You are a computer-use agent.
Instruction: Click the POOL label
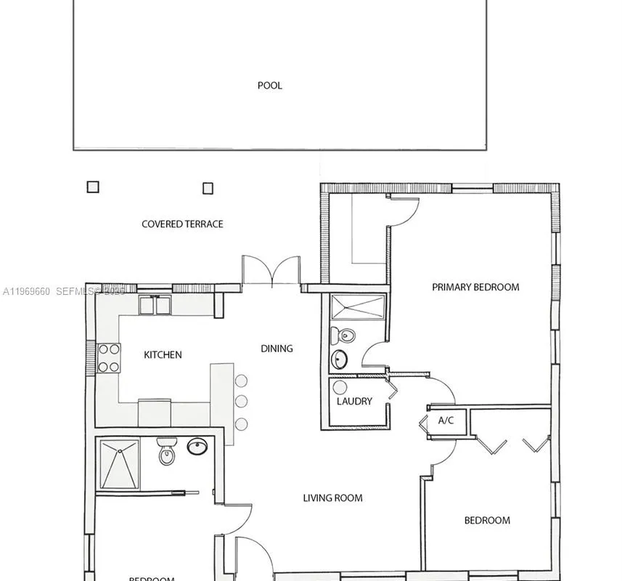(x=269, y=86)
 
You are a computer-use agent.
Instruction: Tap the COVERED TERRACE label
(x=182, y=224)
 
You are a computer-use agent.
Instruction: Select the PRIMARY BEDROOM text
(x=475, y=287)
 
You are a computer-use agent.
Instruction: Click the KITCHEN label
(x=163, y=355)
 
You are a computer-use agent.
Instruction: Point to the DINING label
(x=277, y=349)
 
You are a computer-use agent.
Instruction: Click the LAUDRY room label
(x=354, y=402)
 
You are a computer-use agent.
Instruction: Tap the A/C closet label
(x=446, y=420)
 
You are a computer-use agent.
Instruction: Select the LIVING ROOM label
(x=332, y=498)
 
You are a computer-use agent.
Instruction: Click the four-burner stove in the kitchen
(x=108, y=358)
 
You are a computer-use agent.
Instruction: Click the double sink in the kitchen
(x=155, y=306)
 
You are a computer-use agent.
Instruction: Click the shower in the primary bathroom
(x=358, y=307)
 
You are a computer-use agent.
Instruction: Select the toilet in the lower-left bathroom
(x=167, y=452)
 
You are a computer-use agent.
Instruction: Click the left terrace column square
(x=92, y=187)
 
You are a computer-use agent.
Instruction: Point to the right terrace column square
(x=208, y=188)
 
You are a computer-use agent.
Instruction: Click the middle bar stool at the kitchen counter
(x=241, y=401)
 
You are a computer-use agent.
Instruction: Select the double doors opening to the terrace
(x=271, y=270)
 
